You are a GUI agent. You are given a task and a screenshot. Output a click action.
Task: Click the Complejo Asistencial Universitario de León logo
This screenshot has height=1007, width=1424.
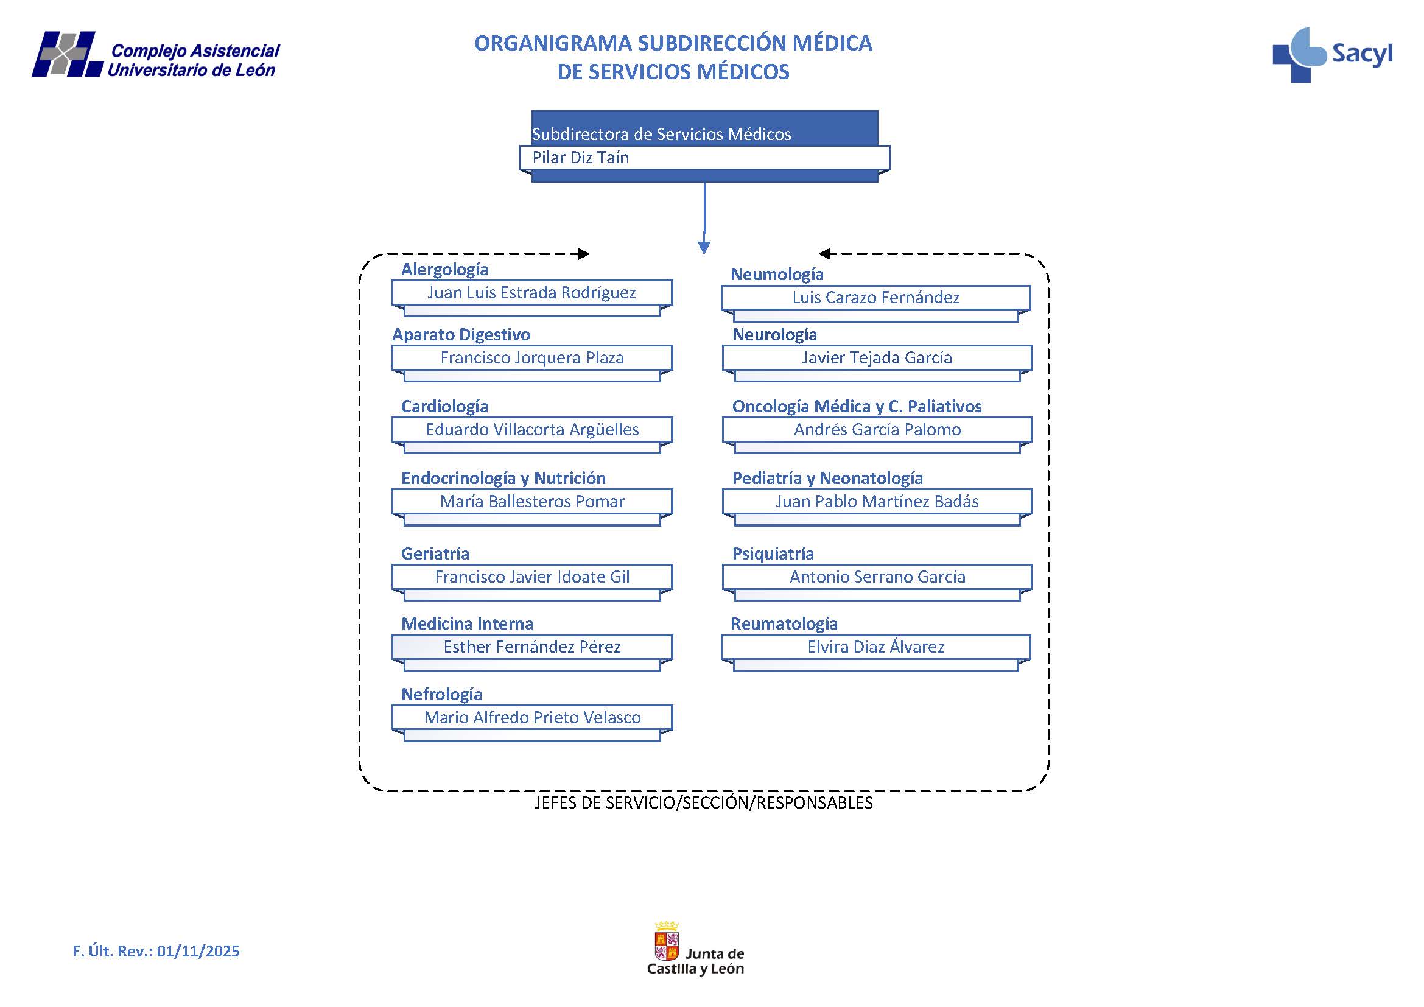(x=156, y=55)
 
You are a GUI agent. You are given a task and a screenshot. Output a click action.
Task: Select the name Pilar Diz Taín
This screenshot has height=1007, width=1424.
(x=581, y=158)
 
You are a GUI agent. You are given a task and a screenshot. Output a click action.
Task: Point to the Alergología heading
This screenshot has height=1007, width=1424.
(x=444, y=270)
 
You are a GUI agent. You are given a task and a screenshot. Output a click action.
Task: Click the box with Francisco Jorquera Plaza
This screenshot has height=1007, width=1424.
(x=531, y=358)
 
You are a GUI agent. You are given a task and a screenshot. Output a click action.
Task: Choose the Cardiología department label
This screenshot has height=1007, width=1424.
(x=444, y=407)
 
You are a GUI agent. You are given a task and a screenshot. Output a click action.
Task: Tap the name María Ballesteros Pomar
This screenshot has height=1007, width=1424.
(x=531, y=502)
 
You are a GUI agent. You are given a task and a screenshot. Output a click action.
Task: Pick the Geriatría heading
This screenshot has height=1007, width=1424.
(x=435, y=553)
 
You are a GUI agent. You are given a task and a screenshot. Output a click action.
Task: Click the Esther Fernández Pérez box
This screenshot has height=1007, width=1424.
(x=531, y=647)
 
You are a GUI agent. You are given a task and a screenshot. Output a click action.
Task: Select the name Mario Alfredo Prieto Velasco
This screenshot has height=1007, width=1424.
(x=531, y=718)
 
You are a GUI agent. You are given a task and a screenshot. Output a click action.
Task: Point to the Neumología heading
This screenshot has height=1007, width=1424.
(x=776, y=275)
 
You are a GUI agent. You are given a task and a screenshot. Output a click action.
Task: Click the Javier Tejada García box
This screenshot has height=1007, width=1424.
(x=876, y=358)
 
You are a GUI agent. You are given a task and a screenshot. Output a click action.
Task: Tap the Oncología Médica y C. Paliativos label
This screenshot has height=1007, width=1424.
(x=857, y=407)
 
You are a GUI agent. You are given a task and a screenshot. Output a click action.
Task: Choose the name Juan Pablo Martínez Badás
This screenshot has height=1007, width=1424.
(x=876, y=502)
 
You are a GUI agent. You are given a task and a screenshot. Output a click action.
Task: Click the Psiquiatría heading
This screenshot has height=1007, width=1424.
(x=773, y=553)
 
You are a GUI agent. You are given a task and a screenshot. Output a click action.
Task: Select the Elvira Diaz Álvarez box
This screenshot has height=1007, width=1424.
(x=875, y=647)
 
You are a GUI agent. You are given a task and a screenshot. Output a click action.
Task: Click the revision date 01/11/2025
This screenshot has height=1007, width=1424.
(x=198, y=951)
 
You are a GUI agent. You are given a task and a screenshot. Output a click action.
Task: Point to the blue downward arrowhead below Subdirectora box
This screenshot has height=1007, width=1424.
(x=704, y=247)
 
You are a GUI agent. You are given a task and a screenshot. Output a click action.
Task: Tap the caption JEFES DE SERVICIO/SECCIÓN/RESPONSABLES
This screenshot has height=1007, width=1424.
(x=703, y=803)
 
